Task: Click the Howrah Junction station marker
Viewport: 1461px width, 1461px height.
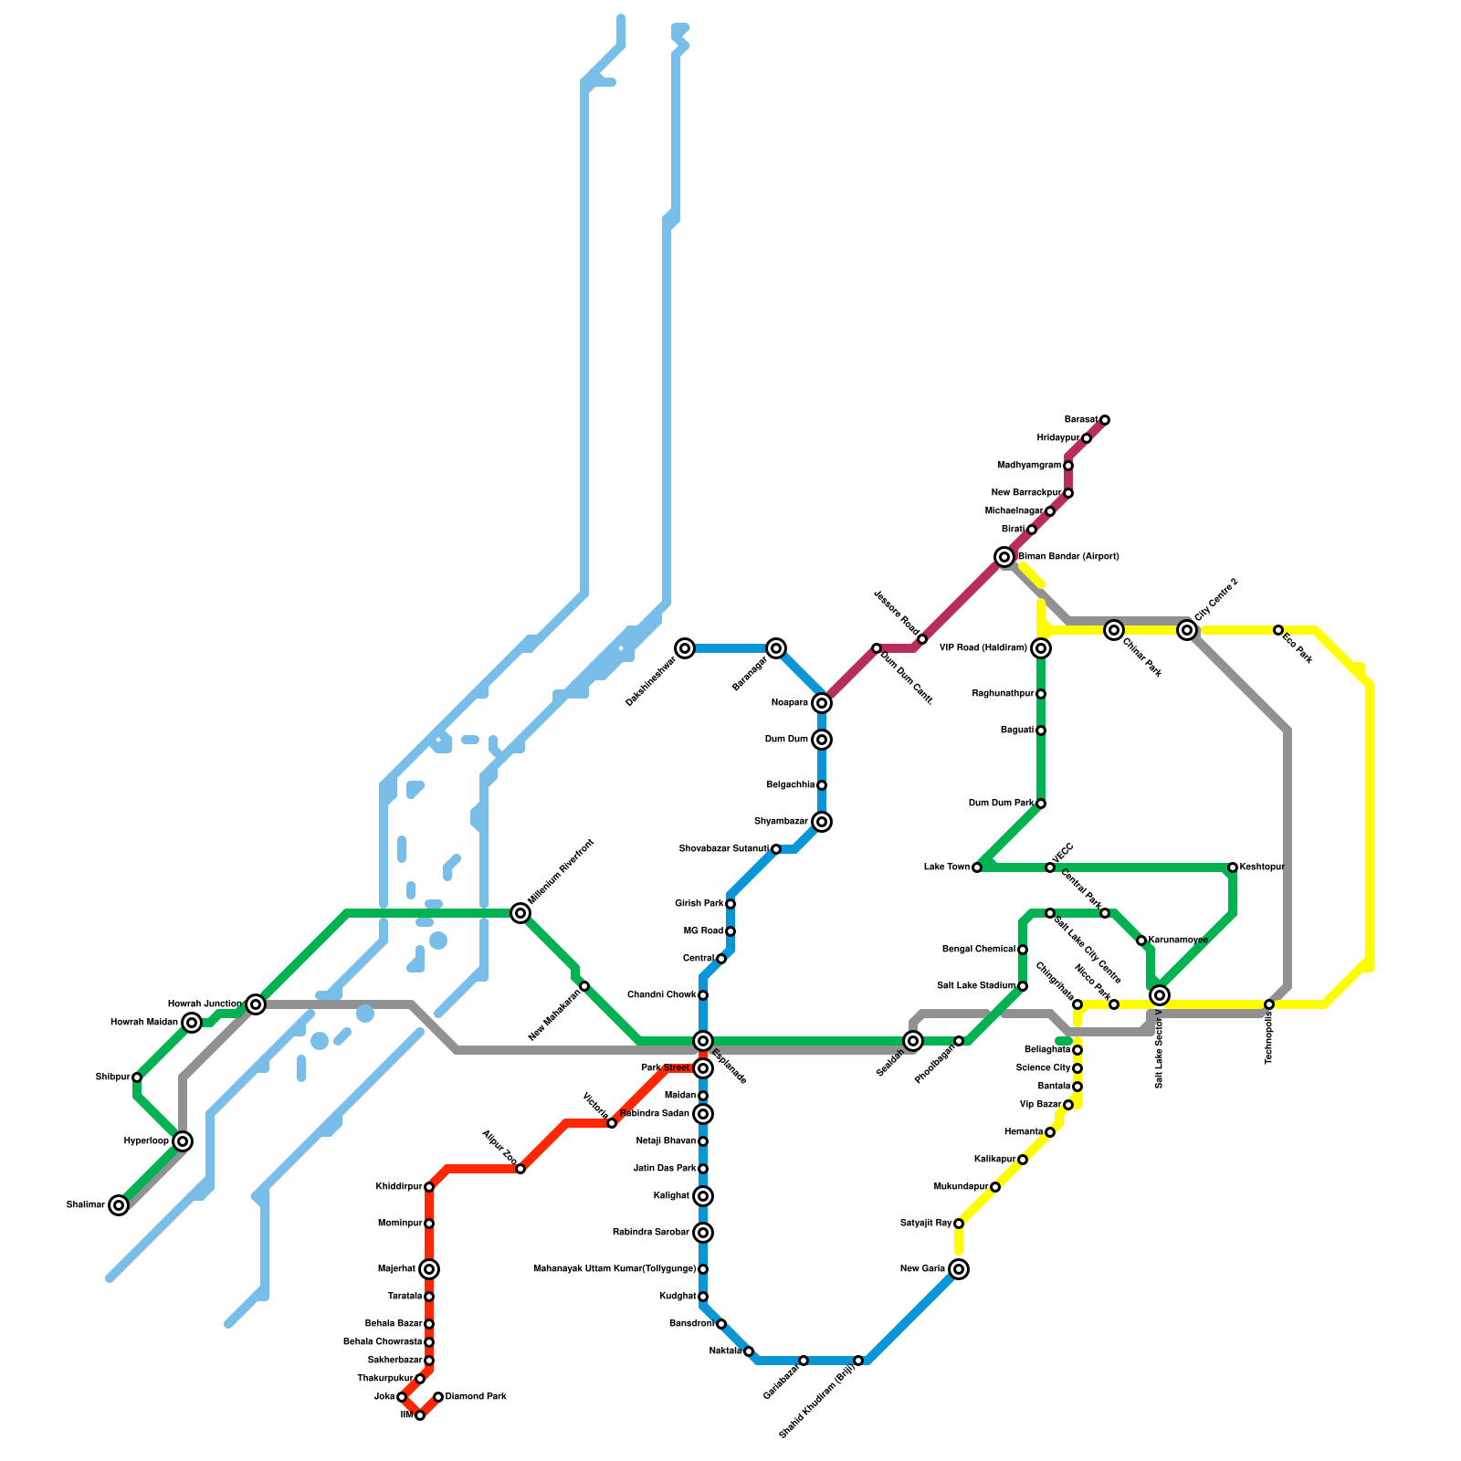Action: pyautogui.click(x=256, y=1004)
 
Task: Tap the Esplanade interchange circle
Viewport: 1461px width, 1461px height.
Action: pyautogui.click(x=702, y=1041)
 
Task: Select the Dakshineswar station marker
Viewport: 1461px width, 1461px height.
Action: pyautogui.click(x=685, y=648)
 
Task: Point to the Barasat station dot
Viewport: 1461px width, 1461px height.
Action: pyautogui.click(x=1104, y=420)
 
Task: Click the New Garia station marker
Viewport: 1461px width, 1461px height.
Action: pyautogui.click(x=958, y=1269)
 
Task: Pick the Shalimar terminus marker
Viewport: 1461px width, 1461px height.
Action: pyautogui.click(x=119, y=1205)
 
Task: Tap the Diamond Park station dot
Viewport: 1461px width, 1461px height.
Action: pyautogui.click(x=438, y=1397)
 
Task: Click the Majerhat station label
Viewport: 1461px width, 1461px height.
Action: pyautogui.click(x=396, y=1269)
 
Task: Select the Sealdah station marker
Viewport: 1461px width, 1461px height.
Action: pyautogui.click(x=913, y=1041)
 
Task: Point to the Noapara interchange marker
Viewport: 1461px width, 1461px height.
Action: pyautogui.click(x=822, y=703)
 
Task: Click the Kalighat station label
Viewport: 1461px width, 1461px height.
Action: pyautogui.click(x=671, y=1196)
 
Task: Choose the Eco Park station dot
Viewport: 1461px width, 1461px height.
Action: pyautogui.click(x=1278, y=630)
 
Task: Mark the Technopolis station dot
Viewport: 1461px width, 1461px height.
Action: pyautogui.click(x=1269, y=1004)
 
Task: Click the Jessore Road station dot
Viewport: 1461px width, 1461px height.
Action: pyautogui.click(x=922, y=639)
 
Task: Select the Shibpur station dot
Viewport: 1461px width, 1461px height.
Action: pyautogui.click(x=137, y=1077)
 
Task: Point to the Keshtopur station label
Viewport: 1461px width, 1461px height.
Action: pyautogui.click(x=1262, y=867)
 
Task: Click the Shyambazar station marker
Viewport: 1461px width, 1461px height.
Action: pyautogui.click(x=822, y=822)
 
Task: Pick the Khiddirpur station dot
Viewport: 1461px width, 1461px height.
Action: pyautogui.click(x=429, y=1187)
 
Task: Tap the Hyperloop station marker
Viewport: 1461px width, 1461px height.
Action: pyautogui.click(x=183, y=1141)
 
